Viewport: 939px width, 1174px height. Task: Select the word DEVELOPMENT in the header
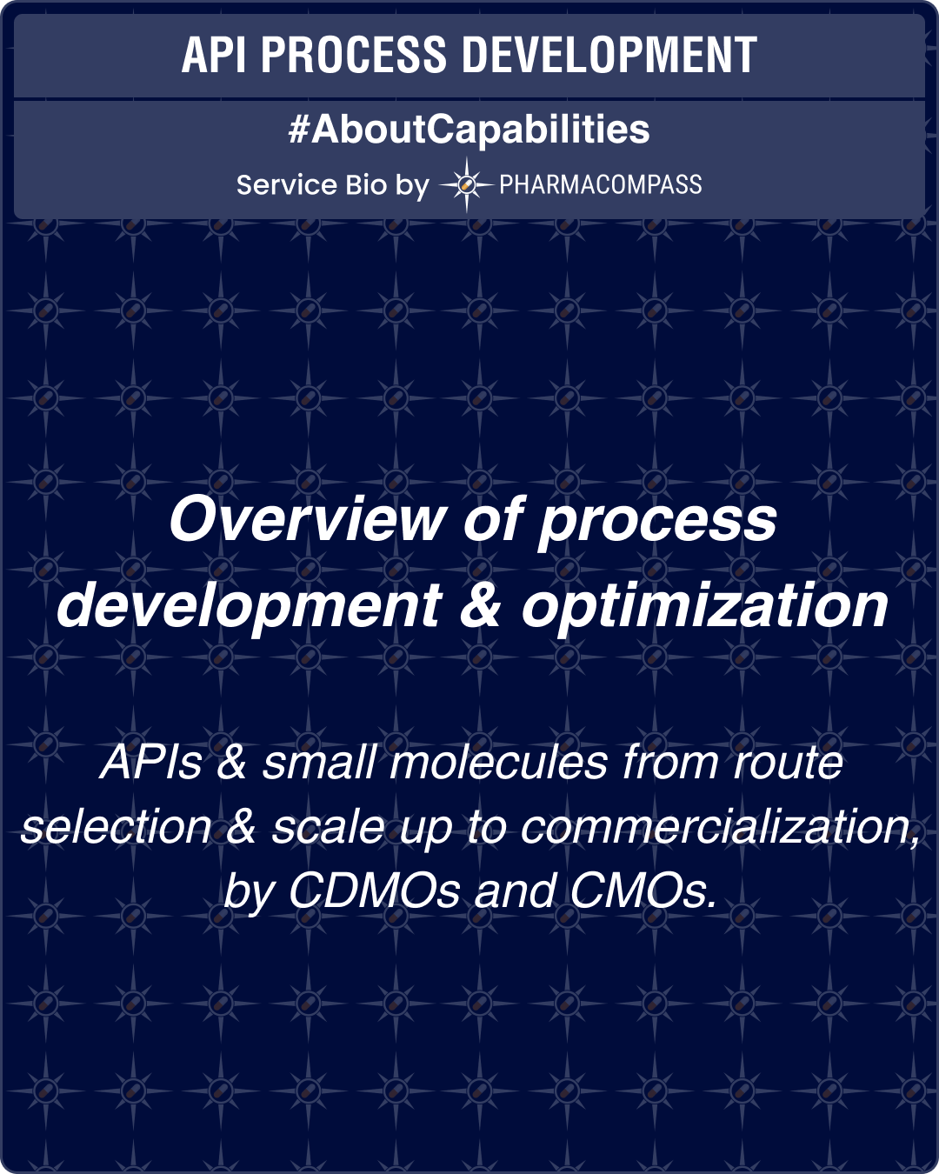point(609,56)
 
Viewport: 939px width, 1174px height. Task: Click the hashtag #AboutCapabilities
point(469,130)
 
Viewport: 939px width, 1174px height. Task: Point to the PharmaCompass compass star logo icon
point(466,184)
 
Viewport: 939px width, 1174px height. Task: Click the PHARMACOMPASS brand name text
point(600,184)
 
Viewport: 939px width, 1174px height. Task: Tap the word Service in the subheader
point(286,185)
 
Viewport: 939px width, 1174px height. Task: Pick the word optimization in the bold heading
point(704,605)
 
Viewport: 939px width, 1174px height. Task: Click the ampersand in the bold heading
point(480,605)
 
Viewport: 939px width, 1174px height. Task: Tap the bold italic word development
point(250,605)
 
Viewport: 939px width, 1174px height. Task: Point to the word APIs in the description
point(151,763)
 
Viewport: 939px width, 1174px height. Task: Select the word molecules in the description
point(499,763)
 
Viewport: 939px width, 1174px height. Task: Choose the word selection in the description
point(117,827)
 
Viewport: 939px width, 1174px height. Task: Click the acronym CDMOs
point(374,891)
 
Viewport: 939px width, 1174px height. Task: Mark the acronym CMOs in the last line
point(643,891)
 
